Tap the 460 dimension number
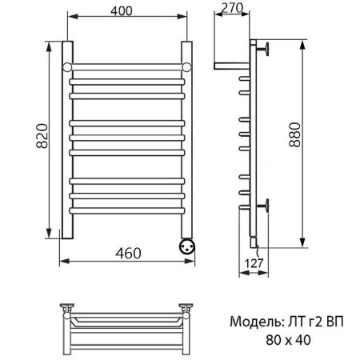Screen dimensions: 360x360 click(x=127, y=254)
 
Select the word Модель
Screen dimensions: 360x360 click(x=253, y=323)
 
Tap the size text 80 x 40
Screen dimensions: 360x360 click(x=287, y=340)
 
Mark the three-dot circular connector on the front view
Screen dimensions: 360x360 click(x=187, y=245)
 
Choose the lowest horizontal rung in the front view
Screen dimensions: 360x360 click(x=128, y=210)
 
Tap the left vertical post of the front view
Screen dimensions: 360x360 click(x=68, y=152)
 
